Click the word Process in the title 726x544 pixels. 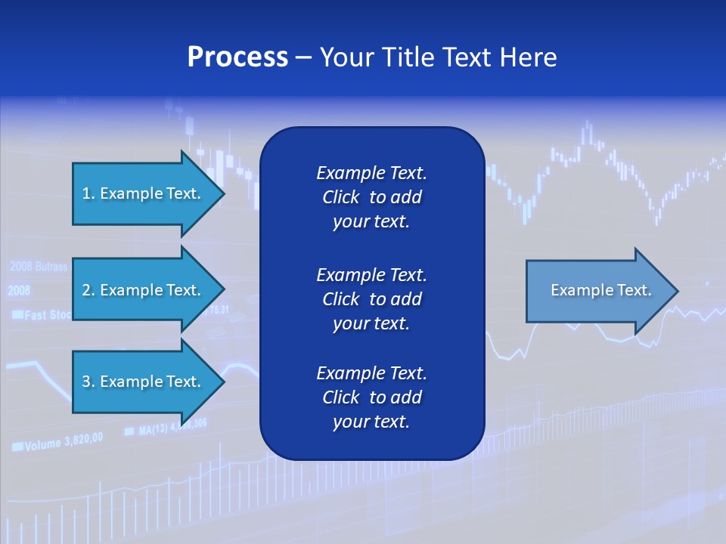[237, 57]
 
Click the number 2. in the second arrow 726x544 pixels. [88, 290]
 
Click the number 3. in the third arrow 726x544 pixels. [88, 382]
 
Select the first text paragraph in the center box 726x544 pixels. [371, 197]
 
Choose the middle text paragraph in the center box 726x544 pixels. [371, 298]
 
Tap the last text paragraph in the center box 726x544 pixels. [371, 397]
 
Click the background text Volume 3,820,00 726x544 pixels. [64, 443]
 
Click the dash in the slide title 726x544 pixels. [303, 57]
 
